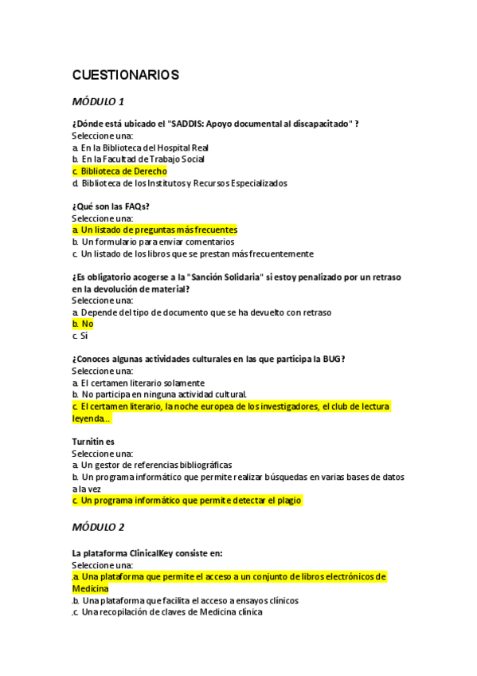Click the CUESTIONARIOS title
(125, 75)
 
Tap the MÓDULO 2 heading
(98, 527)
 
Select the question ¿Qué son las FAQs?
(111, 206)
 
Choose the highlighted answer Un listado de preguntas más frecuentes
(154, 230)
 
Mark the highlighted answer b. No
(83, 324)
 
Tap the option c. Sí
(80, 336)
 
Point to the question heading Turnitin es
(93, 441)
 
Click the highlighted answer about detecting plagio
(187, 501)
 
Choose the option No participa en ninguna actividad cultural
(159, 394)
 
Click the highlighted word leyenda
(92, 418)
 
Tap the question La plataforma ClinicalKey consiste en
(147, 552)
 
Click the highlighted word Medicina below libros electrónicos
(90, 588)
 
